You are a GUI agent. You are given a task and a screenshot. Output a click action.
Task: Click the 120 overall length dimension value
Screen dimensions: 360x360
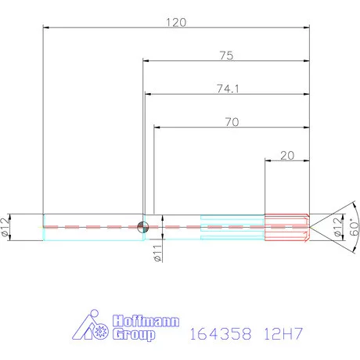pos(175,22)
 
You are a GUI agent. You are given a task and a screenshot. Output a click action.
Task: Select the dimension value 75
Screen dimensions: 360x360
pos(225,56)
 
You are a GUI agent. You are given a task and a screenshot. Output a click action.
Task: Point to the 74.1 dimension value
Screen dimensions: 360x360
pos(227,89)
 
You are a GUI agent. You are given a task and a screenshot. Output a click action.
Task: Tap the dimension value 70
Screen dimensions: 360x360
pos(230,122)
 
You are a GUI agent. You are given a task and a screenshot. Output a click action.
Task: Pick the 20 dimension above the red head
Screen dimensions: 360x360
pos(286,156)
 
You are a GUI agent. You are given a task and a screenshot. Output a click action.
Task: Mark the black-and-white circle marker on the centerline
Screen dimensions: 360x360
pos(142,226)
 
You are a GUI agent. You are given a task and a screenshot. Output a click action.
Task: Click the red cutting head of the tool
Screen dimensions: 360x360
pos(286,226)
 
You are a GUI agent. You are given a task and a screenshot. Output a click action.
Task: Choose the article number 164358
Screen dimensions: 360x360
pos(220,334)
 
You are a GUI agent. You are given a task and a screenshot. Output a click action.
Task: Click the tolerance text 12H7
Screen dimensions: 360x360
pos(284,334)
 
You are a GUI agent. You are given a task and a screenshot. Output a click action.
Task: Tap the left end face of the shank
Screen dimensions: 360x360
pos(42,226)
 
